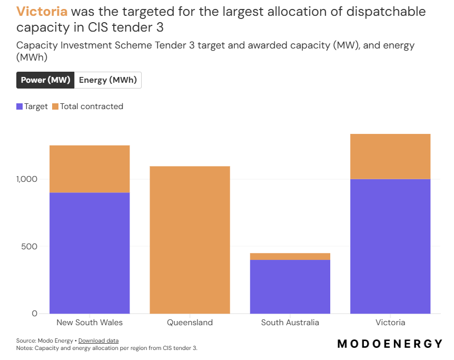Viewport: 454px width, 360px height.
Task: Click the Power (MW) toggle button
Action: coord(45,80)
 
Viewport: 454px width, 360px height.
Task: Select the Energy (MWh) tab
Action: coord(108,80)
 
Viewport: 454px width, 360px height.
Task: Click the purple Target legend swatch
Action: coord(20,106)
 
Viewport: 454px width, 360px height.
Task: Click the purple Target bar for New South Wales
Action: coord(90,253)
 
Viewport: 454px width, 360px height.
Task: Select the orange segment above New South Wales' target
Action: coord(90,169)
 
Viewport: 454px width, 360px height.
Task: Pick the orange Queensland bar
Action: coord(190,240)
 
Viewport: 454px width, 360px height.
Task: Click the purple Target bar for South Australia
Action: coord(290,287)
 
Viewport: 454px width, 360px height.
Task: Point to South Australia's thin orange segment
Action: coord(290,256)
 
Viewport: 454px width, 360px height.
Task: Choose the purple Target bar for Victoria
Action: coord(390,246)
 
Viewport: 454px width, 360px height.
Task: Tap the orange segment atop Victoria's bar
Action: coord(390,157)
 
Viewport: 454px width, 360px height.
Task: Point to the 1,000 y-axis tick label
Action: coord(26,179)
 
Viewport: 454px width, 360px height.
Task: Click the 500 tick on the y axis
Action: coord(31,246)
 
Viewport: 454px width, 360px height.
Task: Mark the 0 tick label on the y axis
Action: coord(35,314)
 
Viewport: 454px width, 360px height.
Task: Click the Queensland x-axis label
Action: coord(190,323)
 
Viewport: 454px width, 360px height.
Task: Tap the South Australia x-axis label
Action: coord(290,323)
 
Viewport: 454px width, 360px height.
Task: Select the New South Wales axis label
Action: coord(90,323)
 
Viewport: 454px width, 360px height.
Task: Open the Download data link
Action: coord(98,340)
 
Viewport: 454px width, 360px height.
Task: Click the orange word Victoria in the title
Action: coord(42,12)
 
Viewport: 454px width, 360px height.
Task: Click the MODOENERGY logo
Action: coord(390,344)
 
